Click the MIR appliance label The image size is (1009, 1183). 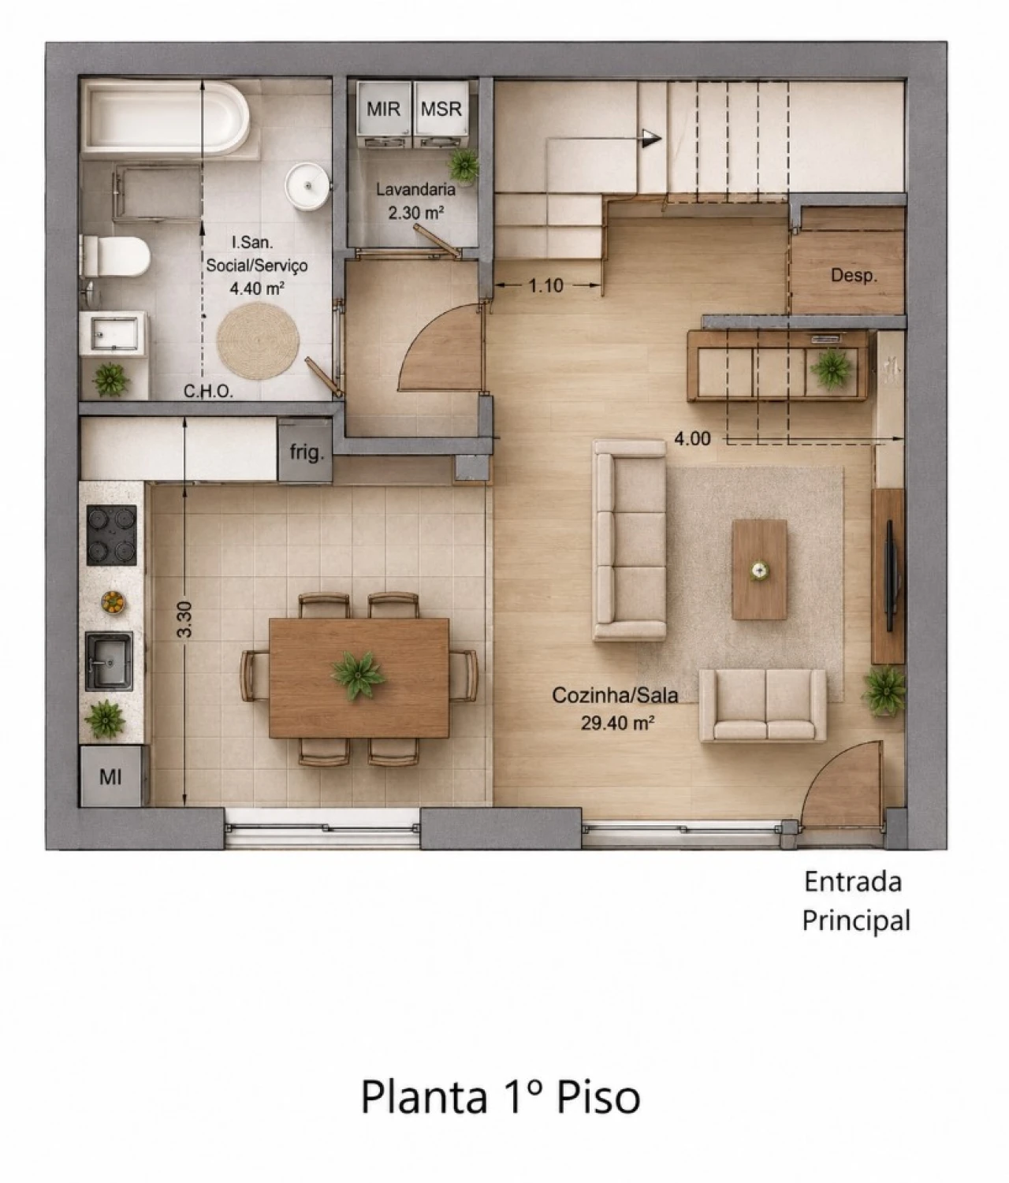tap(383, 109)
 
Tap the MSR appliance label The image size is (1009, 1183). tap(441, 109)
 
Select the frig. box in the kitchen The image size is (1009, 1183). tap(305, 452)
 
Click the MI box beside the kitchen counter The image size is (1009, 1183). tap(110, 776)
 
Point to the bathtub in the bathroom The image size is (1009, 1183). tap(166, 118)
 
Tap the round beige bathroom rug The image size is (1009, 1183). tap(258, 341)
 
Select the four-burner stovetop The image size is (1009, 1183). tap(112, 535)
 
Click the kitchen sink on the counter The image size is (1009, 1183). tap(109, 661)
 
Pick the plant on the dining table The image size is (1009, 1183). tap(358, 675)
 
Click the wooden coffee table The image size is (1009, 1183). tap(759, 570)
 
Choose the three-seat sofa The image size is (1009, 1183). tap(630, 540)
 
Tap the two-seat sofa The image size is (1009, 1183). tap(762, 705)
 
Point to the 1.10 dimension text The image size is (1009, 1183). tap(546, 285)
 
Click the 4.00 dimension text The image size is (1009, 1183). tap(693, 439)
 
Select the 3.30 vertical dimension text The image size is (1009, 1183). tap(185, 619)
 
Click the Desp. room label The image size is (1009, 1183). tap(854, 276)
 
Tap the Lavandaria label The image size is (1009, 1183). tap(415, 189)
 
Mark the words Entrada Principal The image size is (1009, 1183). tap(854, 902)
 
